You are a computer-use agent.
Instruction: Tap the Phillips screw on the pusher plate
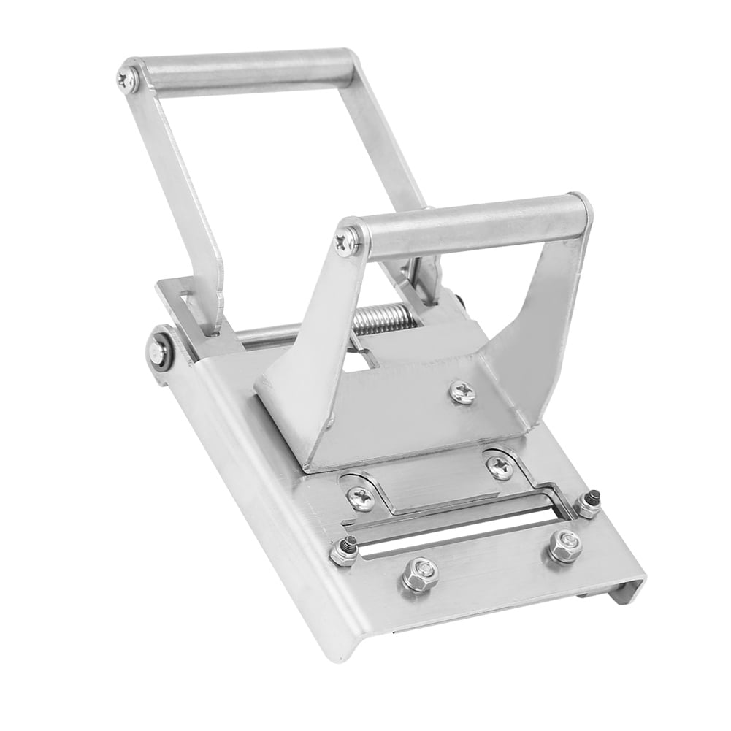tap(462, 392)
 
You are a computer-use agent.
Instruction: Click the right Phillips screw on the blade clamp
tap(500, 465)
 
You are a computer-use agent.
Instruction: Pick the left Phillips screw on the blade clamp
tap(360, 498)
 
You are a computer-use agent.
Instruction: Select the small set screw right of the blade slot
tap(588, 503)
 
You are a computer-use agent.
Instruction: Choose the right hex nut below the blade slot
tap(565, 544)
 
